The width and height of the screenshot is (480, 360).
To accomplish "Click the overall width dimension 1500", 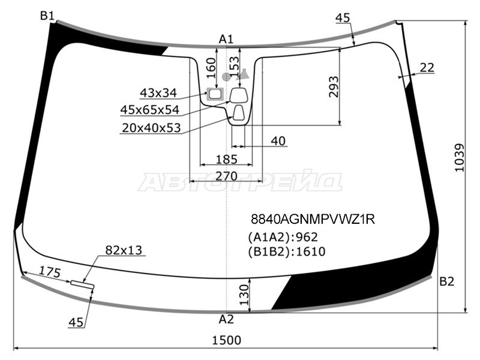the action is pos(227,340).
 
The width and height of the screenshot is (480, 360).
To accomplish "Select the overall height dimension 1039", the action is pos(460,158).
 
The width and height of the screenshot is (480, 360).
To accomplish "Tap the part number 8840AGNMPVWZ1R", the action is pos(313,219).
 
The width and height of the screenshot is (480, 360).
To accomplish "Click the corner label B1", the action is pos(47,16).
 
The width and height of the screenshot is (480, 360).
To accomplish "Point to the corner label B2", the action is pos(446,281).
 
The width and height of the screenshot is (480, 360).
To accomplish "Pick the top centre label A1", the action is pos(226,39).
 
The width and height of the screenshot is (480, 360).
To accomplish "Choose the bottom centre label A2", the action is pos(226,320).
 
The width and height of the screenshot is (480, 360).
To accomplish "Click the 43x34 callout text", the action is pos(158,93).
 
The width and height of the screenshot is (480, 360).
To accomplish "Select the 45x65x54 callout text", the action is pos(149,110).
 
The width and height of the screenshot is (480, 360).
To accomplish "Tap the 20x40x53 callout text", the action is pos(151,128).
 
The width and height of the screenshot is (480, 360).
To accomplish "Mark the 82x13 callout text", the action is pos(124,250).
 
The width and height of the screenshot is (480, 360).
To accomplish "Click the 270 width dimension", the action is pos(227,176).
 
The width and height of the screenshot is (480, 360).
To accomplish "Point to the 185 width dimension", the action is pos(227,160).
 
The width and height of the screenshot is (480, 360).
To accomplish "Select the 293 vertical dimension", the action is pos(334,86).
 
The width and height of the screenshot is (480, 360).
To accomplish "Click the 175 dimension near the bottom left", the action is pos(50,272).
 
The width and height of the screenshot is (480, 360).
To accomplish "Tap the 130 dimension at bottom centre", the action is pos(244,295).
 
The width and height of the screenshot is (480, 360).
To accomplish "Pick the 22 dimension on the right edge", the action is pos(427,68).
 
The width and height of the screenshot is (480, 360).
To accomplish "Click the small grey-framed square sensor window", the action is pos(215,94).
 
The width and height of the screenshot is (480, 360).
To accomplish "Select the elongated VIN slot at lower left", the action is pos(82,284).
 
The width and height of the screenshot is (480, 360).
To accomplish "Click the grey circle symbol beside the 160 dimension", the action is pos(226,77).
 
